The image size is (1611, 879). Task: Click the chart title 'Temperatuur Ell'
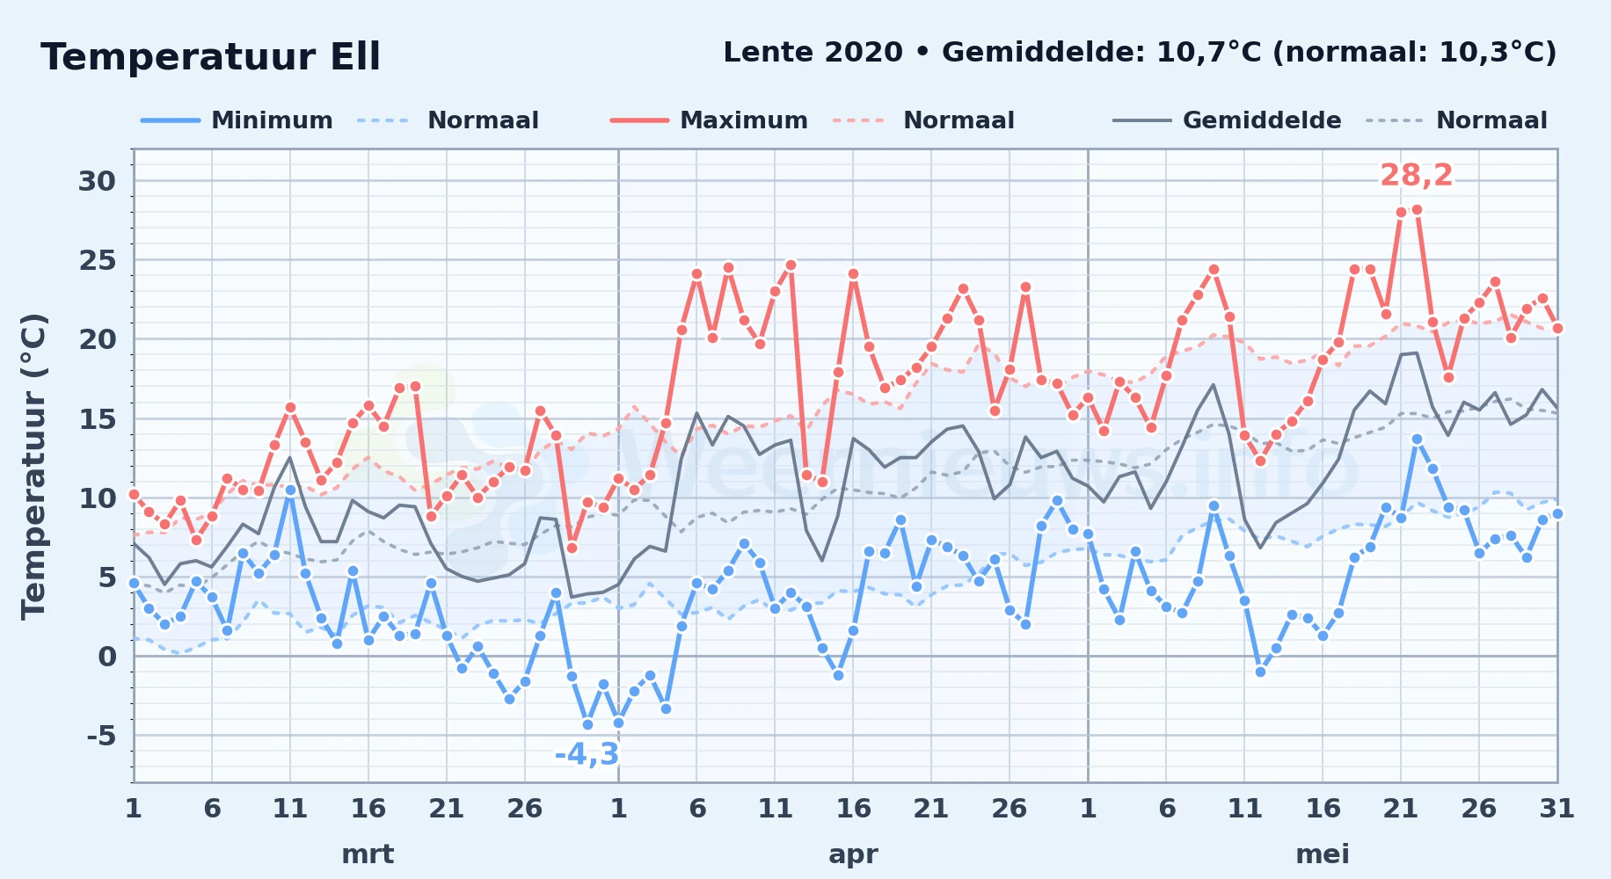(210, 57)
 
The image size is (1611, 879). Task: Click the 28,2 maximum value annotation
(1416, 176)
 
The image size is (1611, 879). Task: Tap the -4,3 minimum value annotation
(587, 754)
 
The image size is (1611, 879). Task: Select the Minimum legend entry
(237, 120)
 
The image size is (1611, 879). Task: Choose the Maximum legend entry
(709, 120)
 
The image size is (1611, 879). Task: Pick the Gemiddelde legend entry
(1227, 120)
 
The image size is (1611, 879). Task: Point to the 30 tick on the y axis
(97, 181)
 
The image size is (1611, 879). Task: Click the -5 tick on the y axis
(101, 736)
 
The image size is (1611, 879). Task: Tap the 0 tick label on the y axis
(107, 657)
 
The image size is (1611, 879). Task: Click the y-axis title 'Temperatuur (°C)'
(33, 466)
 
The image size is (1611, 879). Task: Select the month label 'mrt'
(368, 854)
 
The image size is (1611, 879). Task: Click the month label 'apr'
(853, 854)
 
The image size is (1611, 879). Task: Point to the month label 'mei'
(1323, 854)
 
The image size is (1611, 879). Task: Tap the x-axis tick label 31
(1556, 809)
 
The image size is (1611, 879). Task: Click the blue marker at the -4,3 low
(587, 724)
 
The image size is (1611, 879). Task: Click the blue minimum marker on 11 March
(290, 490)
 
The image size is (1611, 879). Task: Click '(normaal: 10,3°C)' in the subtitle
(1415, 53)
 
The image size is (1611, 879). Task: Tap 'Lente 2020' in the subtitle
(813, 52)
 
